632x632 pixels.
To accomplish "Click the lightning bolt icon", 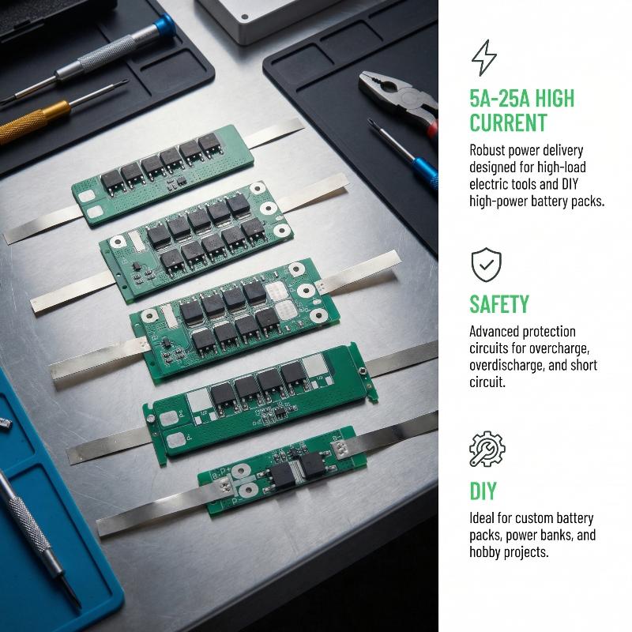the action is pyautogui.click(x=484, y=58).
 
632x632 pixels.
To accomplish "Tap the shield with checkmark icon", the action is pyautogui.click(x=487, y=265).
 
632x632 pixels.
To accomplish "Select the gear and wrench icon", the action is pyautogui.click(x=487, y=449).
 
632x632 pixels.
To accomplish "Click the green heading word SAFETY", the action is pyautogui.click(x=499, y=304).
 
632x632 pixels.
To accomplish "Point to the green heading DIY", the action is pyautogui.click(x=483, y=491).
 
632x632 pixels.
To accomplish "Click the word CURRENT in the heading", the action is pyautogui.click(x=508, y=122).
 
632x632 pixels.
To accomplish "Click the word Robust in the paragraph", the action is pyautogui.click(x=487, y=150).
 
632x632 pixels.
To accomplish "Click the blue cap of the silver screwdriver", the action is pyautogui.click(x=164, y=26).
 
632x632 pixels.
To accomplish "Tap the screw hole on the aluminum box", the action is pyautogui.click(x=244, y=17).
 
